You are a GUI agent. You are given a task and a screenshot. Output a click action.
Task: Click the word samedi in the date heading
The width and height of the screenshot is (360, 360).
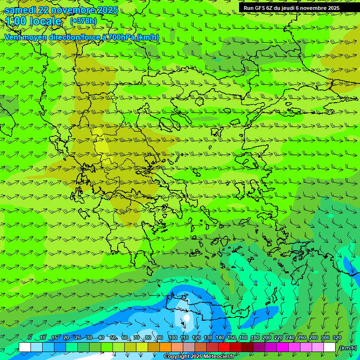[20, 10]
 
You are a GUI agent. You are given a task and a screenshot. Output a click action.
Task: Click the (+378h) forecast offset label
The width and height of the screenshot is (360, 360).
[83, 21]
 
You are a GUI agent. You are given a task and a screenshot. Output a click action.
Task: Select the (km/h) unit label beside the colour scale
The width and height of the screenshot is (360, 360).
[347, 348]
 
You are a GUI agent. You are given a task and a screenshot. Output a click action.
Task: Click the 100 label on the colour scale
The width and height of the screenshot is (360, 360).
[173, 338]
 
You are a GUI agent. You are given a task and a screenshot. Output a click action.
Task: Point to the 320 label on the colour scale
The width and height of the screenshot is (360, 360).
[337, 338]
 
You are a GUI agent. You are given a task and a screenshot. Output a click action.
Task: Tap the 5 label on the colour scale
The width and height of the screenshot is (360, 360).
[30, 338]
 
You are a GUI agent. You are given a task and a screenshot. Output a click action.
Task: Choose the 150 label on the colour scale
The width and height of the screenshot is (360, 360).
[232, 338]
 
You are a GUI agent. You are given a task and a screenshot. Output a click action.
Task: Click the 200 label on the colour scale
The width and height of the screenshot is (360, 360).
[267, 338]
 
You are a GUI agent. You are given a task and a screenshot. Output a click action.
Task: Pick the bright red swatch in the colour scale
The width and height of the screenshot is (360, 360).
[224, 347]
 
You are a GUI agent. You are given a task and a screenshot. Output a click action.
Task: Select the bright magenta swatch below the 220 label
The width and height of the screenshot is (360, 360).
[283, 347]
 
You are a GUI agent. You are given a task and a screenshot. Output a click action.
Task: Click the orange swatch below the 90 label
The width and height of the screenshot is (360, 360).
[165, 347]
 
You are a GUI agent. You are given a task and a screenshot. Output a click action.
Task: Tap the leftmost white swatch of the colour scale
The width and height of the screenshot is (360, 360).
[25, 347]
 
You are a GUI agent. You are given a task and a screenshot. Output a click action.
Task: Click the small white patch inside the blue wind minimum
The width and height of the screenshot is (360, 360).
[187, 318]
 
